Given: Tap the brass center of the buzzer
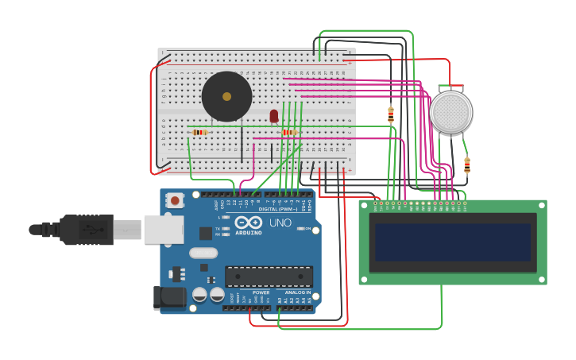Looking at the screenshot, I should [x=227, y=96].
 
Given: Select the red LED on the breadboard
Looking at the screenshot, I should [x=274, y=116].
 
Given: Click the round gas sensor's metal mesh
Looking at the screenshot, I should [x=450, y=112].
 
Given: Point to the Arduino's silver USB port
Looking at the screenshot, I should [x=164, y=229].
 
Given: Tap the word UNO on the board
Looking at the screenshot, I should [x=280, y=223].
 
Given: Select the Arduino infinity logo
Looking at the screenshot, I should [x=247, y=223].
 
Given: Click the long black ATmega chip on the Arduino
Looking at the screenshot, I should [x=269, y=276].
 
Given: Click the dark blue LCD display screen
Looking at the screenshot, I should [x=453, y=242].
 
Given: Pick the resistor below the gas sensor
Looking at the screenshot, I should [x=466, y=165].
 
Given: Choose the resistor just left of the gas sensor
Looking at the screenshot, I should [x=391, y=114].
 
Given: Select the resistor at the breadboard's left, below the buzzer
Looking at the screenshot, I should [x=199, y=132].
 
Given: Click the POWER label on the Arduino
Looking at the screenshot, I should [x=261, y=292].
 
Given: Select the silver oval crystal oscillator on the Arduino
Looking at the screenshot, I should [x=203, y=253].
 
